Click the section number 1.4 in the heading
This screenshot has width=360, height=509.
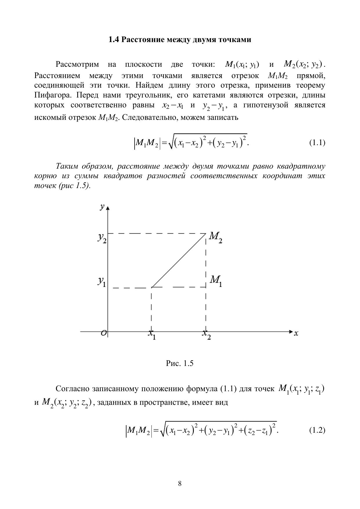[x=114, y=40]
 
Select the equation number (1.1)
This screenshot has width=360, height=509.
[x=317, y=142]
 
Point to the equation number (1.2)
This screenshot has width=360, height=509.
[x=317, y=430]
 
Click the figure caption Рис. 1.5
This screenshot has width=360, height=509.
[x=180, y=363]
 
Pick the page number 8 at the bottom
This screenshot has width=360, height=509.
[x=180, y=483]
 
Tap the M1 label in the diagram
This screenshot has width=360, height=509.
[x=216, y=281]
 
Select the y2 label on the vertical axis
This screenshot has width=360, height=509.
[x=102, y=238]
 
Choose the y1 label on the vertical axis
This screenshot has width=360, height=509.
[x=102, y=281]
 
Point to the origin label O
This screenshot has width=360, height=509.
[x=104, y=333]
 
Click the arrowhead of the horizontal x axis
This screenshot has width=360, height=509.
[x=290, y=331]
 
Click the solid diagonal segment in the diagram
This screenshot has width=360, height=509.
[x=179, y=260]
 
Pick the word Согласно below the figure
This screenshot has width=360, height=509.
[x=72, y=389]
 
